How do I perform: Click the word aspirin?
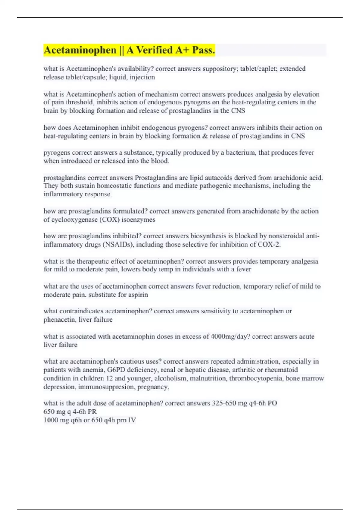136,295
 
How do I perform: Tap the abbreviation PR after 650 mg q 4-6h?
92,412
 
